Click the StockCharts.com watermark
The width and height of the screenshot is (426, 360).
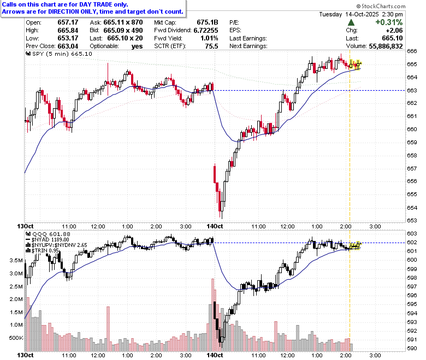[381, 6]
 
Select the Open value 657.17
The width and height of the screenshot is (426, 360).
[68, 22]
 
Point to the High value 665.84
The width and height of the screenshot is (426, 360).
[68, 30]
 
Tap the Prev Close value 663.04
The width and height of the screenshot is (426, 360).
[68, 46]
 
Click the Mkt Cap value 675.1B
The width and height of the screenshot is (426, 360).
[208, 22]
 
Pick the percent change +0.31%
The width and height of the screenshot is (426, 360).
[389, 22]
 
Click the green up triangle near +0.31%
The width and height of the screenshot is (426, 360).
[351, 22]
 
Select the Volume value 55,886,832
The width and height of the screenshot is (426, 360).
[386, 46]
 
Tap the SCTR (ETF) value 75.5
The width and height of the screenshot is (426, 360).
[212, 46]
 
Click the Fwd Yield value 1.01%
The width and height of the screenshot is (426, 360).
[210, 38]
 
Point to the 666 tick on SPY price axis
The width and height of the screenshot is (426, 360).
[412, 51]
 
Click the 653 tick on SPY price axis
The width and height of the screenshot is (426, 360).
[412, 220]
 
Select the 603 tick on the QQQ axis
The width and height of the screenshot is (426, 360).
[412, 233]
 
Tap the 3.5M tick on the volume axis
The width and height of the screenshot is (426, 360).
[16, 260]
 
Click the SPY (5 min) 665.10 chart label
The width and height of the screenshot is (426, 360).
[59, 54]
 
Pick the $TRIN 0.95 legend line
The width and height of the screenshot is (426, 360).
[42, 251]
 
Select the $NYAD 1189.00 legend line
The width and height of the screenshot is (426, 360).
[48, 240]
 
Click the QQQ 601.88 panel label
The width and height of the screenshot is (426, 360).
[48, 234]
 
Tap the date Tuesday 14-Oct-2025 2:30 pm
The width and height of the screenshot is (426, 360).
[361, 14]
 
